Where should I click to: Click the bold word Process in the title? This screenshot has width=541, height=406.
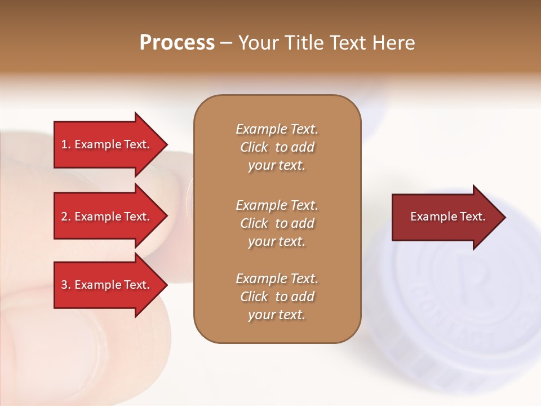(x=177, y=43)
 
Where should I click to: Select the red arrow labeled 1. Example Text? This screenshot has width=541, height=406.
(x=107, y=144)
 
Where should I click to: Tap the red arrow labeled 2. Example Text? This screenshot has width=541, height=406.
(x=107, y=217)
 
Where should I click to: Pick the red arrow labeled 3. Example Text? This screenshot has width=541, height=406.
(x=107, y=285)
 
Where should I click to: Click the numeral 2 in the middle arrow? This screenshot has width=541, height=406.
(x=64, y=217)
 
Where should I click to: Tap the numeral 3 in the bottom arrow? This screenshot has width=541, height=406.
(x=64, y=285)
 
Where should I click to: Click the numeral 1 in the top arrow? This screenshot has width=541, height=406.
(x=64, y=144)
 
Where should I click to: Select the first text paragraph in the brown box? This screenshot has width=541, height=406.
(x=277, y=147)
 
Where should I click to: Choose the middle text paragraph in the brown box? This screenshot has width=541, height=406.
(x=277, y=223)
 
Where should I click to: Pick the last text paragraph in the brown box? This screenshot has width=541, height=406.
(x=277, y=297)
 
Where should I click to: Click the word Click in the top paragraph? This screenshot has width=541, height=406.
(x=254, y=147)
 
